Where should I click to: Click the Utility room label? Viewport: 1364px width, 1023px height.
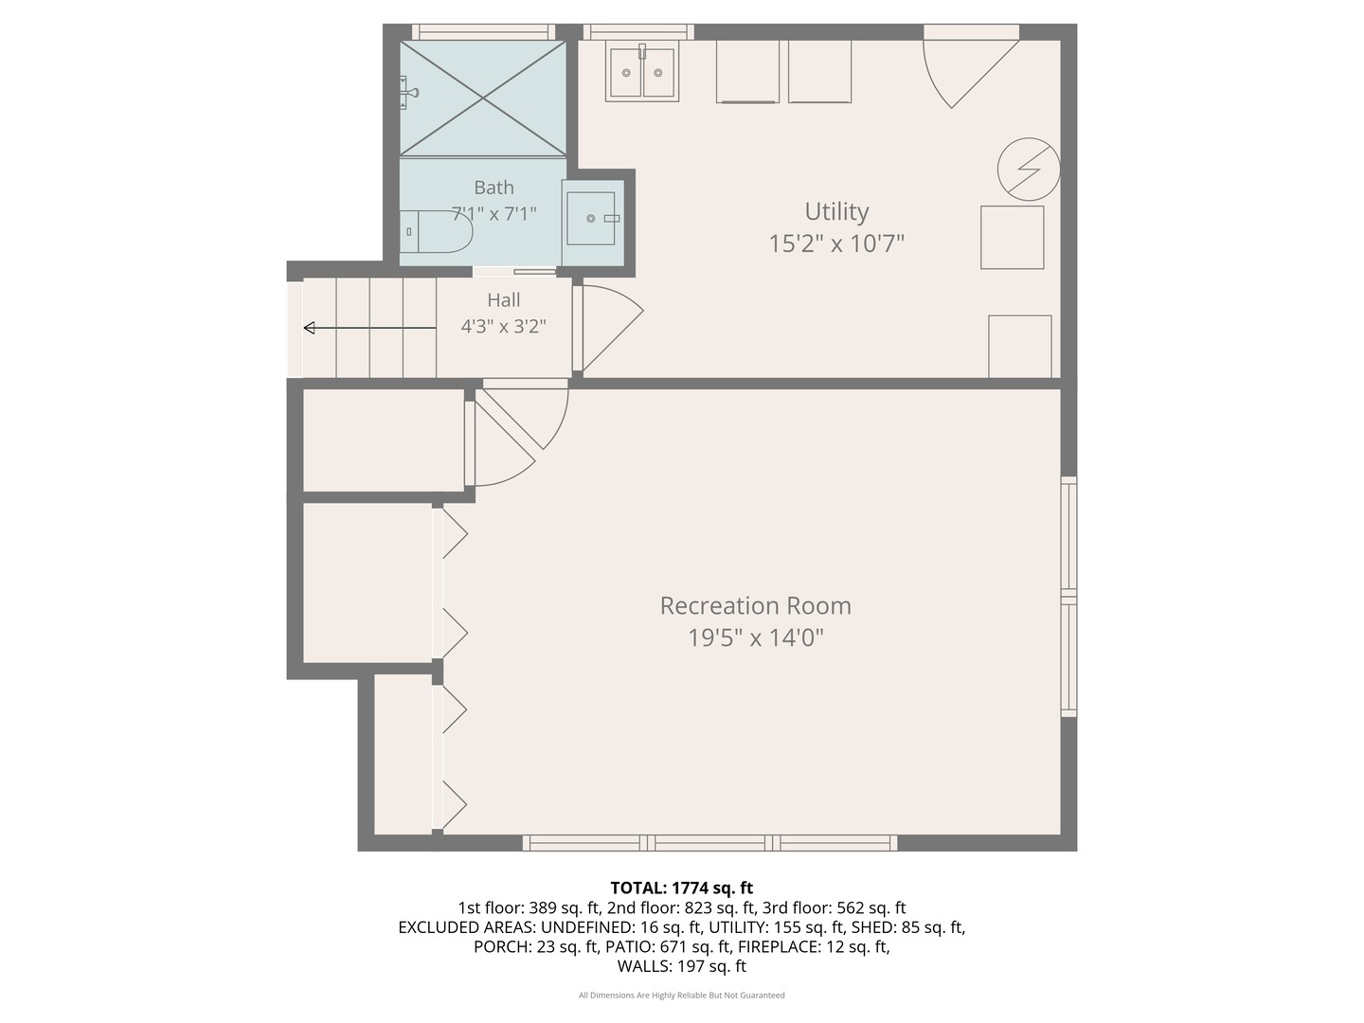point(836,212)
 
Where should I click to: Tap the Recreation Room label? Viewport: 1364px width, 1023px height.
point(755,605)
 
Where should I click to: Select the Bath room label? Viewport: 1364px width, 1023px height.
point(494,188)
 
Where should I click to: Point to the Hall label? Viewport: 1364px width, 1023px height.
point(503,300)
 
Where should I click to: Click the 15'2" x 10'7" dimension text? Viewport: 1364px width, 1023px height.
point(836,243)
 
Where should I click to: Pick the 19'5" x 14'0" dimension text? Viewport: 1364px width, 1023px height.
point(755,637)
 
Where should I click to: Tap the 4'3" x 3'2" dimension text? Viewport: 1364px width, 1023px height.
point(503,326)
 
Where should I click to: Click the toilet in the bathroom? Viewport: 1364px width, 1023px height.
point(436,232)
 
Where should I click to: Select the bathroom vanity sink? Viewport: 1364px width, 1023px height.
point(592,219)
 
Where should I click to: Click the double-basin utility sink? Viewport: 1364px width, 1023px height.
point(642,73)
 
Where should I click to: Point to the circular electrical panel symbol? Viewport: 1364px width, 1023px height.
point(1029,169)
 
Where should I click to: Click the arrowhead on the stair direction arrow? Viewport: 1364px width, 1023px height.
point(309,328)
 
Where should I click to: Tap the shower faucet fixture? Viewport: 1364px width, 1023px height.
point(407,93)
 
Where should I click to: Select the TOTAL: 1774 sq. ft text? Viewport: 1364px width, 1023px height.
point(682,888)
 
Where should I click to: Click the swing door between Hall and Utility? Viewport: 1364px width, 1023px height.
point(608,329)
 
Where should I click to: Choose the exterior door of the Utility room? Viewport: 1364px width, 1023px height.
point(971,66)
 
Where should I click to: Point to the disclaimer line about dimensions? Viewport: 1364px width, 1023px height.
point(682,995)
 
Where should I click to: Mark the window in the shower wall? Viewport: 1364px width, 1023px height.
point(483,32)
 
